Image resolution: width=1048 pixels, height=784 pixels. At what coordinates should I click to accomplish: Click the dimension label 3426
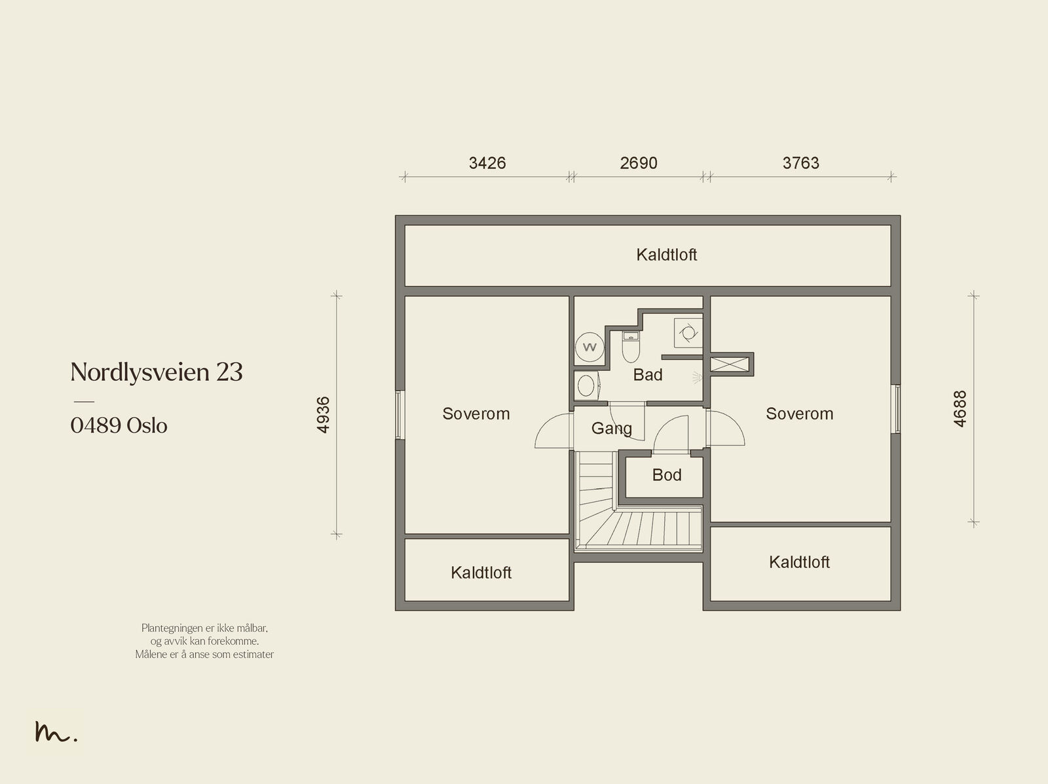tap(487, 163)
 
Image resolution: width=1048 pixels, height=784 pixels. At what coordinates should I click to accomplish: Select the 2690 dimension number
tap(639, 163)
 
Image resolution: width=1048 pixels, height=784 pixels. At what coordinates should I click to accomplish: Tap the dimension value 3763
tap(800, 163)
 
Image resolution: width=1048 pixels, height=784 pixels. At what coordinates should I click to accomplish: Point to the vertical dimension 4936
tap(323, 414)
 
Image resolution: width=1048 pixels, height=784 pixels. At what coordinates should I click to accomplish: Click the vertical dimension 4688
tap(960, 409)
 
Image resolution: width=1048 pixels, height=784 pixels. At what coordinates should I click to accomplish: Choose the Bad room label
tap(648, 375)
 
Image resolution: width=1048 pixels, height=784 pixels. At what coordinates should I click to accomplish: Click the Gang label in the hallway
tap(612, 428)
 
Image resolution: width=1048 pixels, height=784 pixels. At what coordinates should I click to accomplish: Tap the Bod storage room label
tap(667, 474)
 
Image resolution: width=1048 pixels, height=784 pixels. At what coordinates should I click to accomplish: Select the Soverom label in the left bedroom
tap(476, 414)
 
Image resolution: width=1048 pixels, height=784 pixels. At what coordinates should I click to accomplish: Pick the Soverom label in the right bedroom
tap(800, 414)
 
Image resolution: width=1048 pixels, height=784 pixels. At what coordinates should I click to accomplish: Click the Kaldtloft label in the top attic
tap(667, 255)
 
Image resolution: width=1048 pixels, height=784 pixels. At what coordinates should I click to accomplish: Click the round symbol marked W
tap(589, 347)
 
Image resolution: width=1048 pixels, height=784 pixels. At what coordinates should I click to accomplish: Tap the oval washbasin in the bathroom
tap(586, 385)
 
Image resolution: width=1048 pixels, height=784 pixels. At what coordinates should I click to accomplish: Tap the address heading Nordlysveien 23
tap(157, 372)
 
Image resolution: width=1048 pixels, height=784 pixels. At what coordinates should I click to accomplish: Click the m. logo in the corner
tap(56, 732)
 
